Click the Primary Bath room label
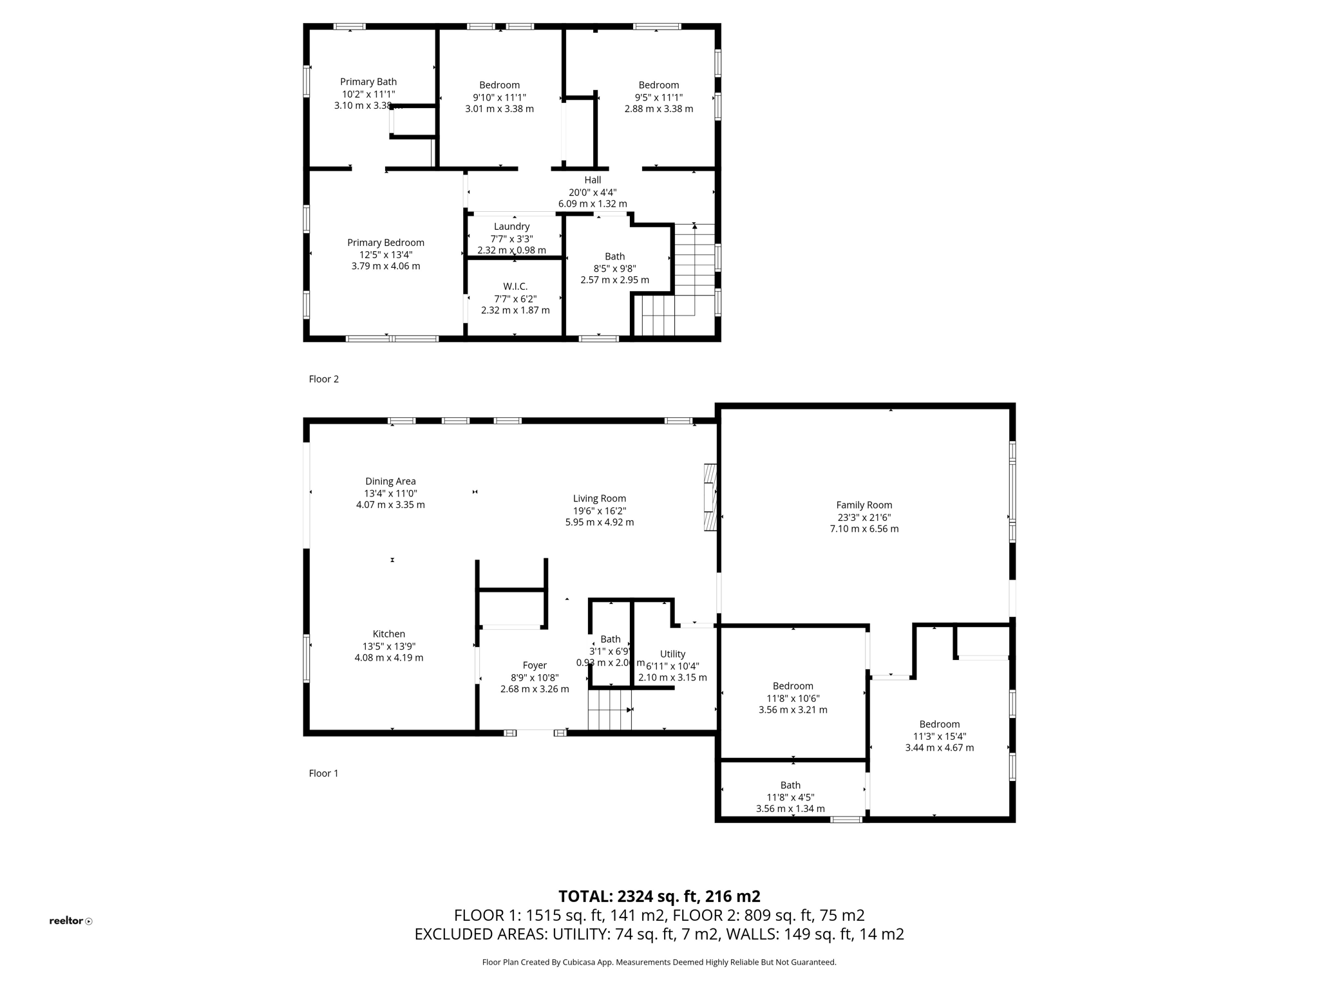(368, 82)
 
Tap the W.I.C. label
(515, 287)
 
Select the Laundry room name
(511, 227)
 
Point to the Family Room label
(864, 505)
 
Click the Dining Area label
(390, 481)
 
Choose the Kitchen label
(389, 634)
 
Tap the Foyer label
(535, 665)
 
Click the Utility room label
(672, 654)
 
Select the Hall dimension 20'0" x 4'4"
(593, 192)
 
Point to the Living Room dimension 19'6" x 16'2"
(600, 511)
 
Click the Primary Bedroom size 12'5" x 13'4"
(386, 254)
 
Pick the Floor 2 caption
(323, 379)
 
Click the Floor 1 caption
(323, 773)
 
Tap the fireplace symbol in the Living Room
(710, 497)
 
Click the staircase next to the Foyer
(609, 710)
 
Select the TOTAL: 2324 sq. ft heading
(659, 896)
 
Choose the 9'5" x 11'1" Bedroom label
(658, 85)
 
